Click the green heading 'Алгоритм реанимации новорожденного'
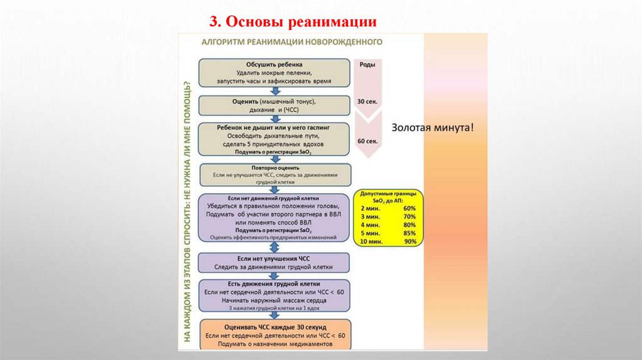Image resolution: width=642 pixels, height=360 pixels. click(292, 43)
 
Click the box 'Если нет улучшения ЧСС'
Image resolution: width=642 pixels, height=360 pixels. click(274, 262)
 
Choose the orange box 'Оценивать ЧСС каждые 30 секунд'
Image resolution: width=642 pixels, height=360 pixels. click(275, 336)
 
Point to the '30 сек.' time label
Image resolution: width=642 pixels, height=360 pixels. click(367, 100)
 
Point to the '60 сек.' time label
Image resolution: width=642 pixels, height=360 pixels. click(367, 142)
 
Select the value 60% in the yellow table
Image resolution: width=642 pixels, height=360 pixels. click(409, 208)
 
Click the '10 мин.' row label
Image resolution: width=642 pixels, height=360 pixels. click(371, 241)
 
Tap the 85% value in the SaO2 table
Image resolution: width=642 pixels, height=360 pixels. click(409, 233)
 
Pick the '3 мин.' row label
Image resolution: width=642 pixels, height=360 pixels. click(370, 216)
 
